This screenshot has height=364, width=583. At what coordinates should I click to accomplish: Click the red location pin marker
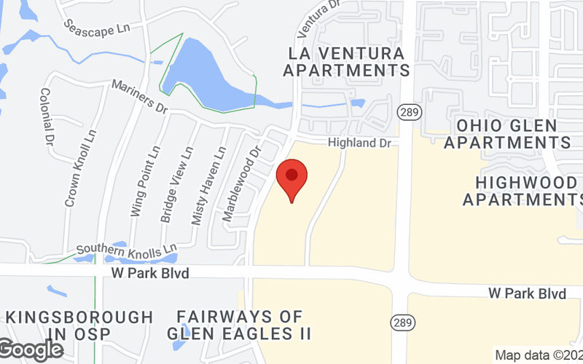(x=291, y=179)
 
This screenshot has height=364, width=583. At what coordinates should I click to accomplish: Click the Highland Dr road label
(x=359, y=143)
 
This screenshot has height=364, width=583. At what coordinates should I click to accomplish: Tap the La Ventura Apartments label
(x=346, y=62)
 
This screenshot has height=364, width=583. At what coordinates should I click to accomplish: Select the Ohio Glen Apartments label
(x=507, y=134)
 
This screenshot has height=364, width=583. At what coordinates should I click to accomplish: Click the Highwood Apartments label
(x=520, y=189)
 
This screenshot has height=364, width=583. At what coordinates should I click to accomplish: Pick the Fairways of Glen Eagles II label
(x=240, y=325)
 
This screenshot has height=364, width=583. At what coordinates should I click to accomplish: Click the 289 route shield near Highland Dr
(x=406, y=111)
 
